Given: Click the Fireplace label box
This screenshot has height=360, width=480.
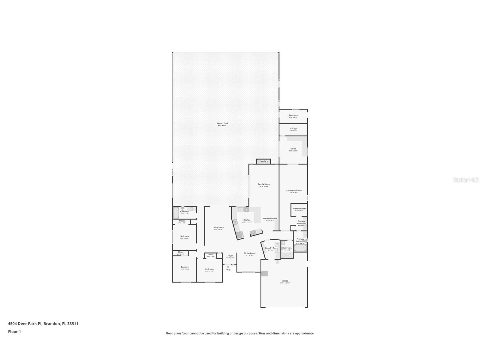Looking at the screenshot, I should [263, 161].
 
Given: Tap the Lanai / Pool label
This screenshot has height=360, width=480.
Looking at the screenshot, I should [222, 123].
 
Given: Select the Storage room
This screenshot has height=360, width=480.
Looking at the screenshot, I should [293, 130].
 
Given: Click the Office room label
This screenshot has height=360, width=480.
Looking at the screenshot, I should [293, 149].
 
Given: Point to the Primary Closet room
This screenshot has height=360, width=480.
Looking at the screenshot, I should [299, 209].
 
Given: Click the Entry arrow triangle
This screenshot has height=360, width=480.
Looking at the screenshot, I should [228, 267].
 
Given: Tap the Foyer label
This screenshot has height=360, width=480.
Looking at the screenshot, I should [230, 256].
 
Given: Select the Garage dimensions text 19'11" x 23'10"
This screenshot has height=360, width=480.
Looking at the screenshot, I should [285, 283].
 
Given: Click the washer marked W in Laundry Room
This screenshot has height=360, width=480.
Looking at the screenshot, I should [277, 244].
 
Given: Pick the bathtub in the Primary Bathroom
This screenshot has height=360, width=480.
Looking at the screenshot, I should [300, 248].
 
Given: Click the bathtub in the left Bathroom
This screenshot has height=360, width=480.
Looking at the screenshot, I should [176, 213].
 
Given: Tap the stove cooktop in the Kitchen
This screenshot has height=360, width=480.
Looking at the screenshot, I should [235, 222].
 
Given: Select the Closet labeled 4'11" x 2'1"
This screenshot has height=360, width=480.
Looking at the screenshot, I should [210, 255].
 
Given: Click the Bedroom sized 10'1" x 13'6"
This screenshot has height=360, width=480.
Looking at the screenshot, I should [185, 268].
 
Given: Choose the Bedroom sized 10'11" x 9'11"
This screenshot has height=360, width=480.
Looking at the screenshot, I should [209, 270].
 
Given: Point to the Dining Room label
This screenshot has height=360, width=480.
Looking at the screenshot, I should [249, 253].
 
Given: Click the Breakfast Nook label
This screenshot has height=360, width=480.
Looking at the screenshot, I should [270, 218].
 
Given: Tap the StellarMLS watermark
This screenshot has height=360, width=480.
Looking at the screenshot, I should [466, 180].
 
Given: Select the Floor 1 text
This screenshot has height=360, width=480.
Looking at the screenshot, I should [14, 332].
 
